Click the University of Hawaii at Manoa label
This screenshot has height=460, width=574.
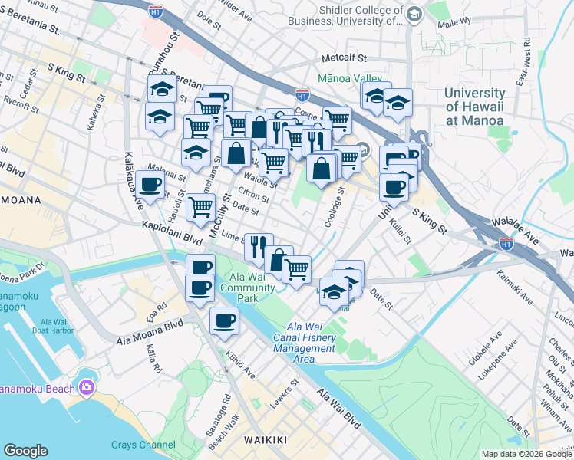tap(473, 107)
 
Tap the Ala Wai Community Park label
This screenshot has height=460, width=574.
tap(247, 287)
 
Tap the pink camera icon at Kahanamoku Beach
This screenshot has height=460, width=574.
tap(86, 387)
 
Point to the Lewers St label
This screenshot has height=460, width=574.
tap(289, 393)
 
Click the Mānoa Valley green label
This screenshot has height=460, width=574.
tap(345, 77)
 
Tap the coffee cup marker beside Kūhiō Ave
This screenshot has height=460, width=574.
tap(224, 320)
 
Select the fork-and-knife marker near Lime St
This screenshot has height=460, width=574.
tap(259, 245)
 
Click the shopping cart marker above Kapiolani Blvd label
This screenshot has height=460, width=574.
tap(200, 205)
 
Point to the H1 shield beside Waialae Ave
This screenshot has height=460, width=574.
tap(506, 243)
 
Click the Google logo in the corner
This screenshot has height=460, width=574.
tap(25, 451)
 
